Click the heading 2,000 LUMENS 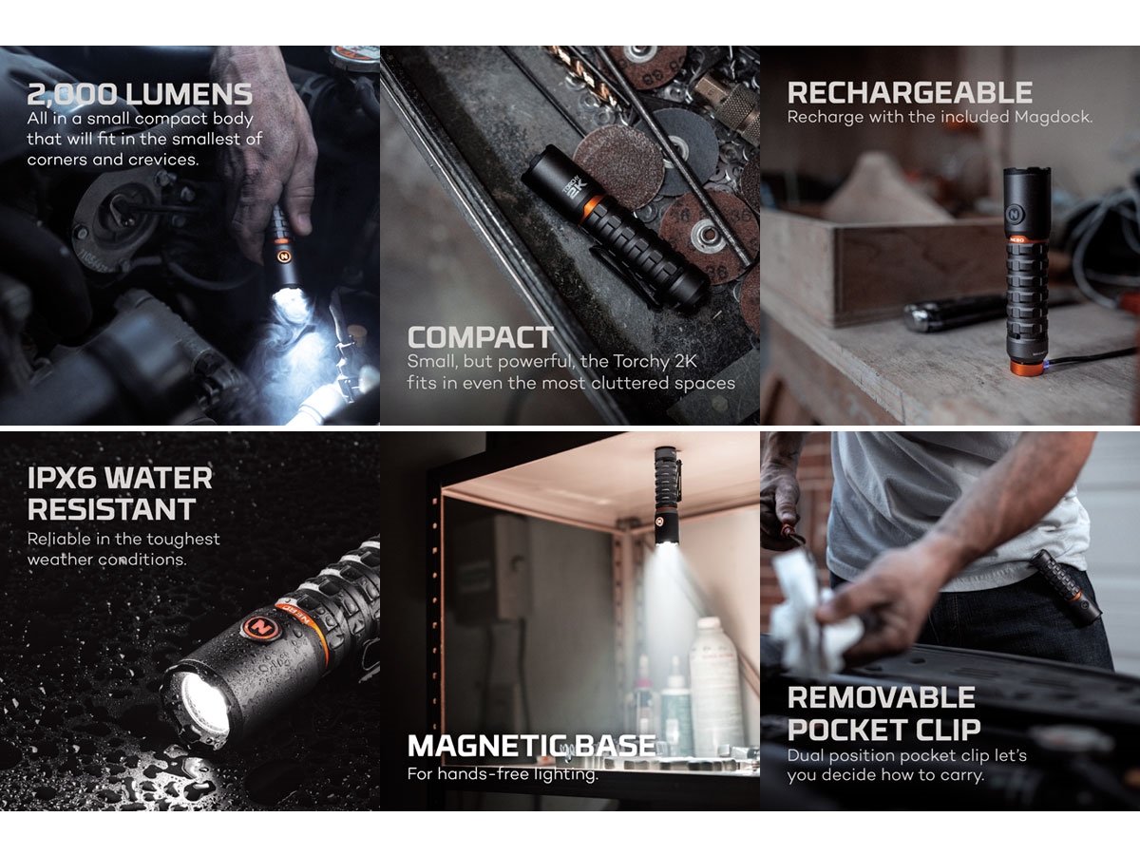point(140,94)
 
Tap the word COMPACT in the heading point(481,337)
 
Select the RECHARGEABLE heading point(910,93)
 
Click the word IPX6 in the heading point(62,478)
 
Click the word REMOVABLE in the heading point(882,697)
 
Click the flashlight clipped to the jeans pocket point(1065,585)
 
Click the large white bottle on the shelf point(716,685)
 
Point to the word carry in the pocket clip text point(959,775)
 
